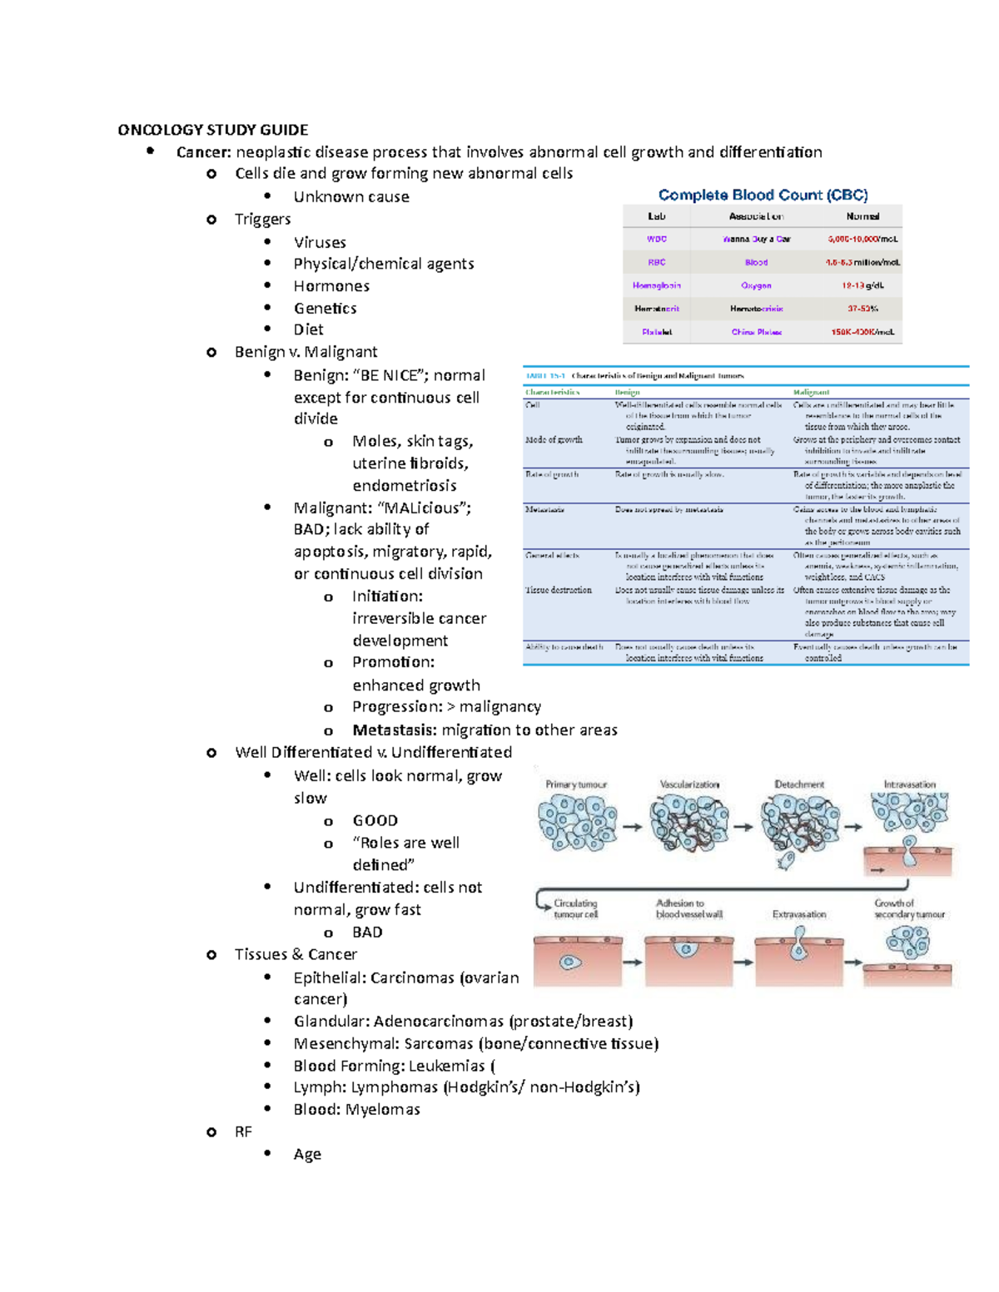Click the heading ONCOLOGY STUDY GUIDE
tap(212, 130)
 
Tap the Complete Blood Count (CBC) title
tap(763, 195)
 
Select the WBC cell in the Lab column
tap(656, 239)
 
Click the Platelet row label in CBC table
tap(656, 332)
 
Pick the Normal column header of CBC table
tap(862, 216)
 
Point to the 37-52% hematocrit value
tap(862, 309)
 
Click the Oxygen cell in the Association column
tap(756, 285)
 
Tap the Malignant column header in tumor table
tap(811, 392)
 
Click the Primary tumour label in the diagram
tap(576, 785)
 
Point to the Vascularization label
tap(689, 785)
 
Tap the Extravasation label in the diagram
tap(799, 914)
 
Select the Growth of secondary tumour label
tap(908, 908)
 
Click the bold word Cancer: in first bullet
tap(204, 152)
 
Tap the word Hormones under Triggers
tap(331, 286)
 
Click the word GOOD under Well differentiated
tap(375, 820)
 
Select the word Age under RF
tap(307, 1155)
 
